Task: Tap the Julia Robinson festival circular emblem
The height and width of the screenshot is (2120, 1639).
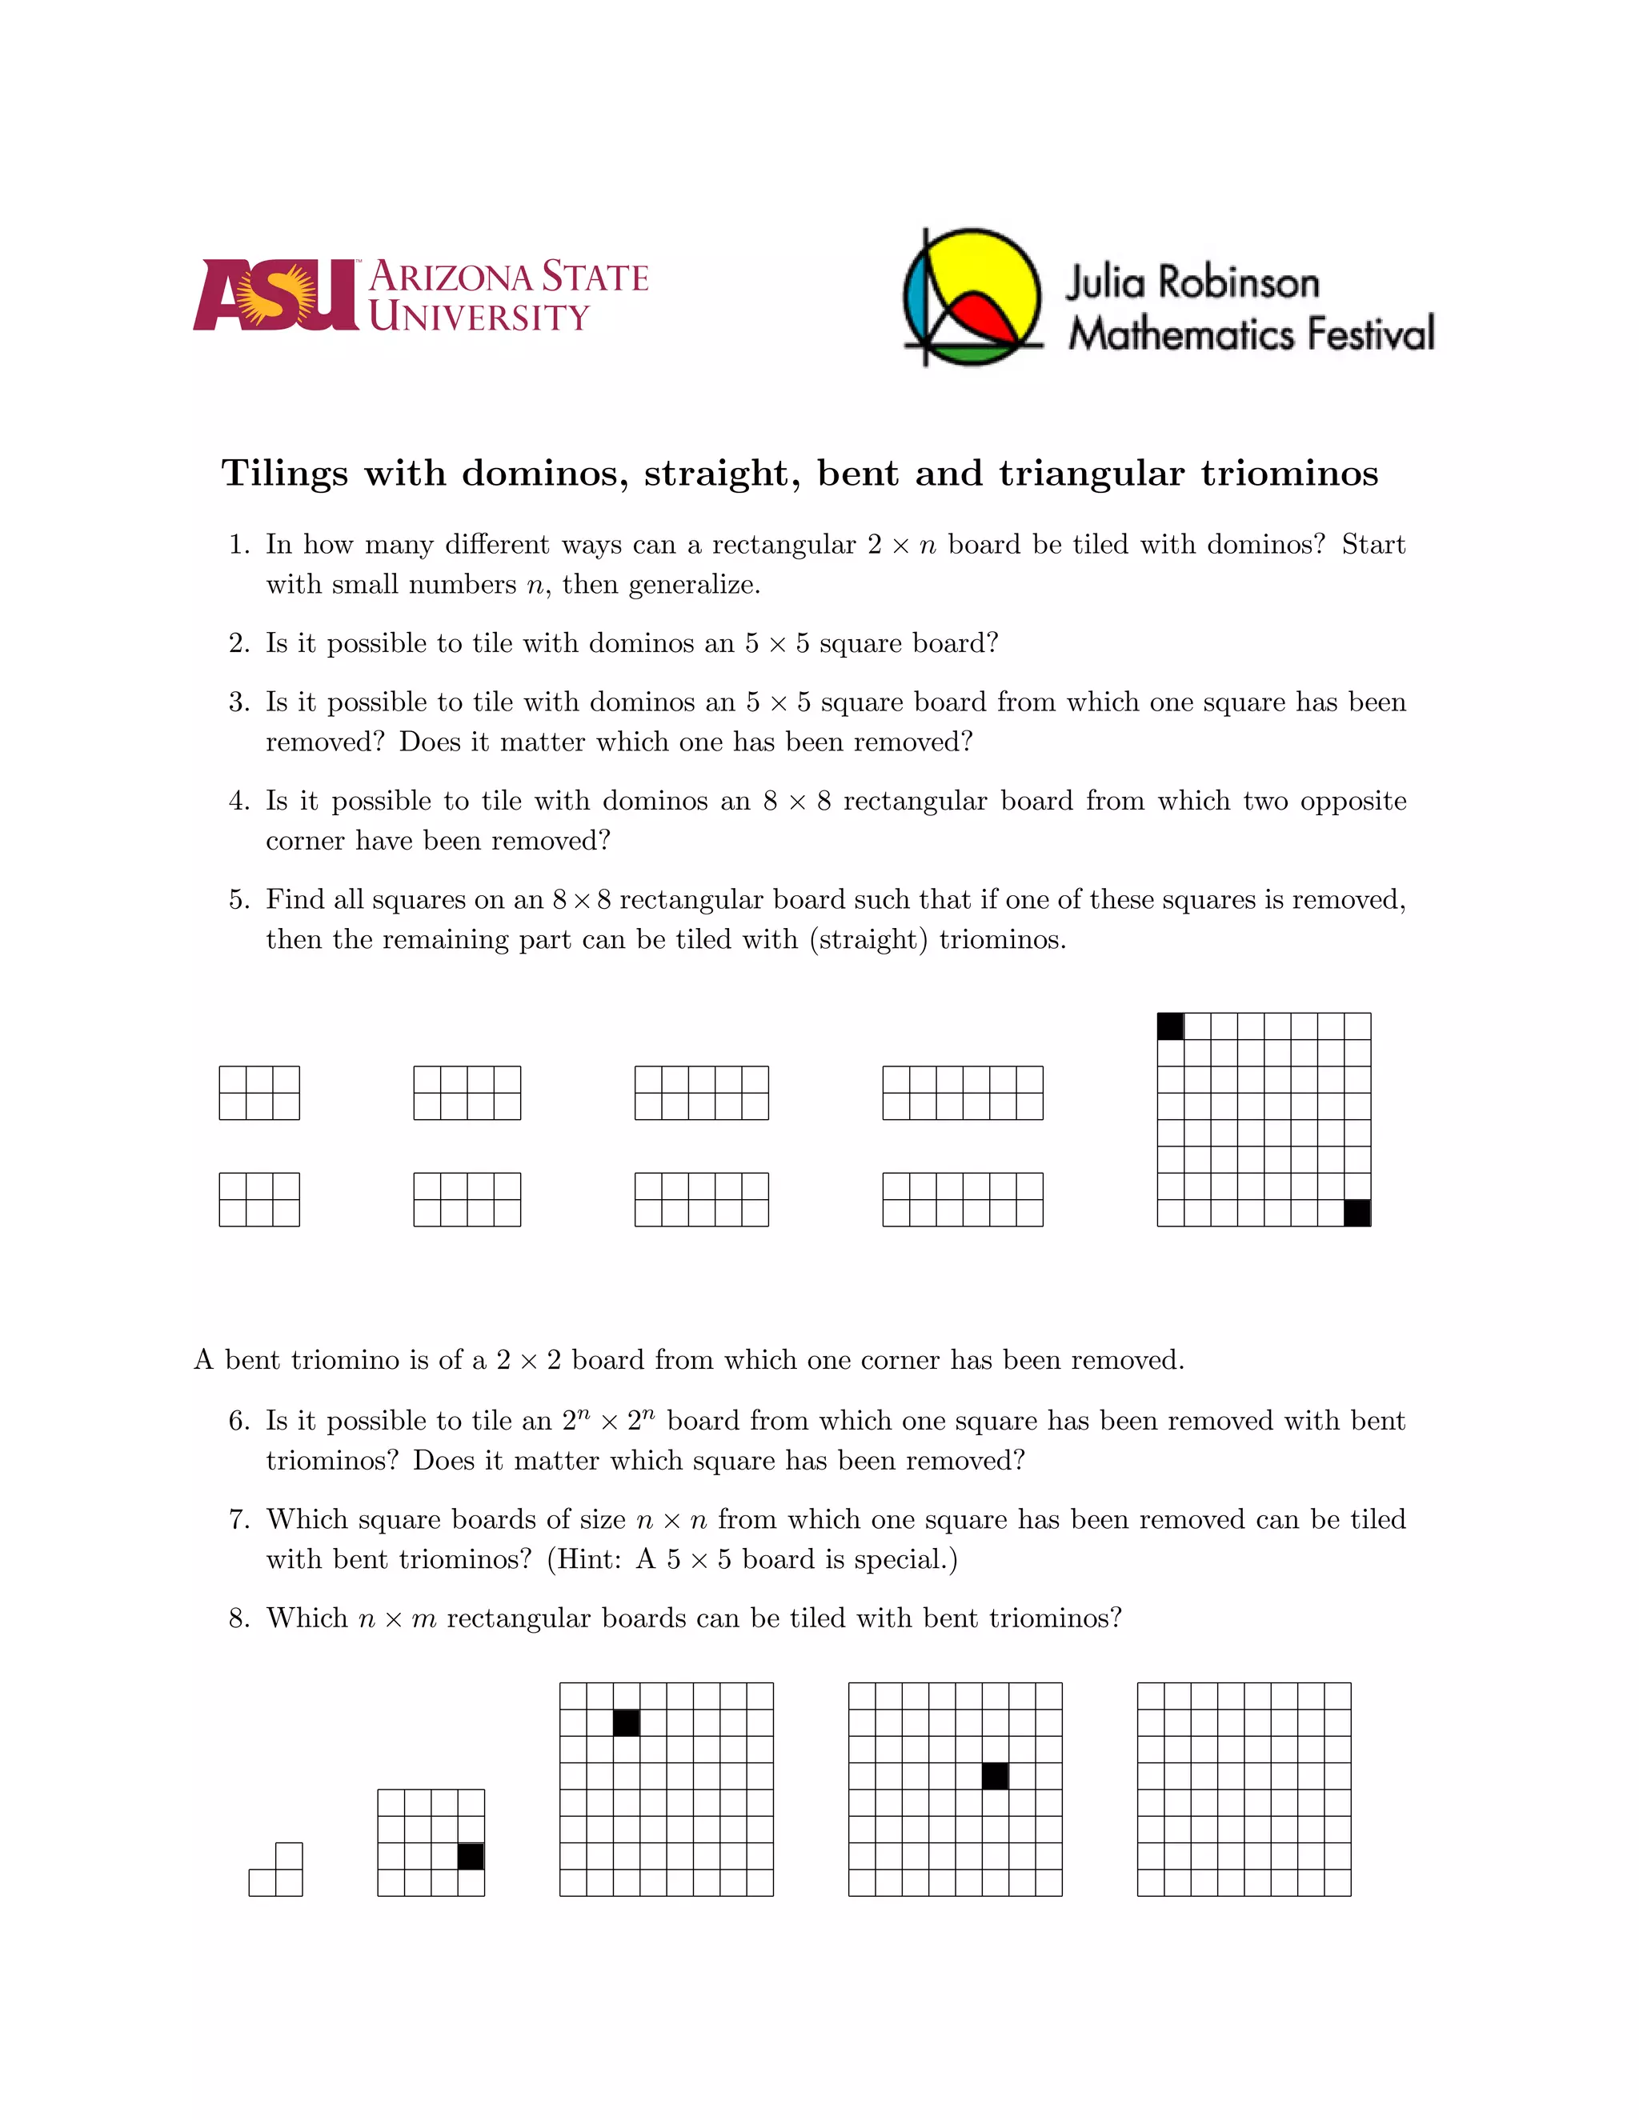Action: [x=972, y=296]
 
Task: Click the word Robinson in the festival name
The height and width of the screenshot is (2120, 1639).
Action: [x=1239, y=283]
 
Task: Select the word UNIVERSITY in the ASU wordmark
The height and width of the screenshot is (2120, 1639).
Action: [x=479, y=318]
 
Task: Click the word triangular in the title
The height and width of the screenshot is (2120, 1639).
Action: [x=1092, y=474]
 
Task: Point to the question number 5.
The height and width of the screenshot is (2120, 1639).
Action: [x=238, y=900]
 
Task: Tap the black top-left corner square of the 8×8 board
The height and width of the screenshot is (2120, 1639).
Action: [x=1170, y=1026]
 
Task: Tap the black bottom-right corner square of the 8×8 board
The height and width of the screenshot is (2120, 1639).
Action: [x=1356, y=1212]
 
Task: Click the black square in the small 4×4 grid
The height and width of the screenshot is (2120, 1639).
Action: [x=471, y=1856]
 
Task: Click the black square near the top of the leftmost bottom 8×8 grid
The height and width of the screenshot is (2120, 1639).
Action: [x=627, y=1723]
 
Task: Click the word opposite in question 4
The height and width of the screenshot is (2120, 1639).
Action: [x=1352, y=801]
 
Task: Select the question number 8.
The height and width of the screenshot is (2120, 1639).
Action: [x=238, y=1618]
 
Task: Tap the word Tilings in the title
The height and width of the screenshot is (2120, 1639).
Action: [x=284, y=474]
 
